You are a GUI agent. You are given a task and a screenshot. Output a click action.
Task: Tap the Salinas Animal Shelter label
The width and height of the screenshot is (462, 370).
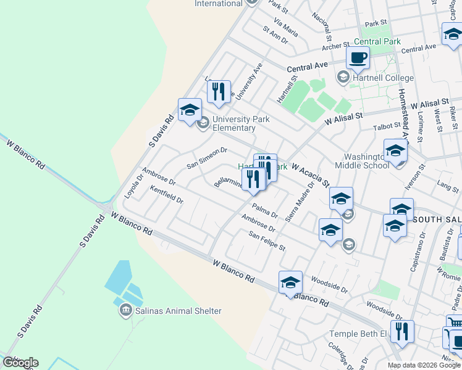coord(178,311)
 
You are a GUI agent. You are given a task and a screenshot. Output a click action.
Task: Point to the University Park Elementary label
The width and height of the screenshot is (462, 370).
coord(233,124)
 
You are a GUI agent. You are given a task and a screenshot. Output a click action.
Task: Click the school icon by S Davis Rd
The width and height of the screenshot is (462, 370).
coord(190,110)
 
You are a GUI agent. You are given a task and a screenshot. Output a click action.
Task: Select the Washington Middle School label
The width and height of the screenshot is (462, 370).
coord(362,161)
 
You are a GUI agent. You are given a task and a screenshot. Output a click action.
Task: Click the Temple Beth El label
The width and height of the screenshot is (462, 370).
coord(358,334)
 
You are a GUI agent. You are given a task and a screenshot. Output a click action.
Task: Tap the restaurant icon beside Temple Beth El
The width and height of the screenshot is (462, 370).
coord(402,332)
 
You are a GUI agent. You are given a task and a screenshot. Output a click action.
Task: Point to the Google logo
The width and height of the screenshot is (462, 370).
coord(20,363)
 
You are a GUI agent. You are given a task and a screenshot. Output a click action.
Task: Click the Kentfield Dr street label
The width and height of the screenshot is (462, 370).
coord(167,196)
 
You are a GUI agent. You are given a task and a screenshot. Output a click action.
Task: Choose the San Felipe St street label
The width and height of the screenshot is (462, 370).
coord(267,240)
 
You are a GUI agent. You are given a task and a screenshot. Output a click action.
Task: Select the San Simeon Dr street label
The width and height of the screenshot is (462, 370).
coord(207,158)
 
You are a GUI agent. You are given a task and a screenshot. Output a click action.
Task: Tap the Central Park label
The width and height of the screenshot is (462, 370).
coord(377,42)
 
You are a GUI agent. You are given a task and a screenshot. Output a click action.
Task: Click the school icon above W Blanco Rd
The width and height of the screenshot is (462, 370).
coord(290,283)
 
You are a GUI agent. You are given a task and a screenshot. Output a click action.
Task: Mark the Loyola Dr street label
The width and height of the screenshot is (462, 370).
coord(133,183)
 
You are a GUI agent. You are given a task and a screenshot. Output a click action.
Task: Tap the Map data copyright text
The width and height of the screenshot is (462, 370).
coord(424,365)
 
